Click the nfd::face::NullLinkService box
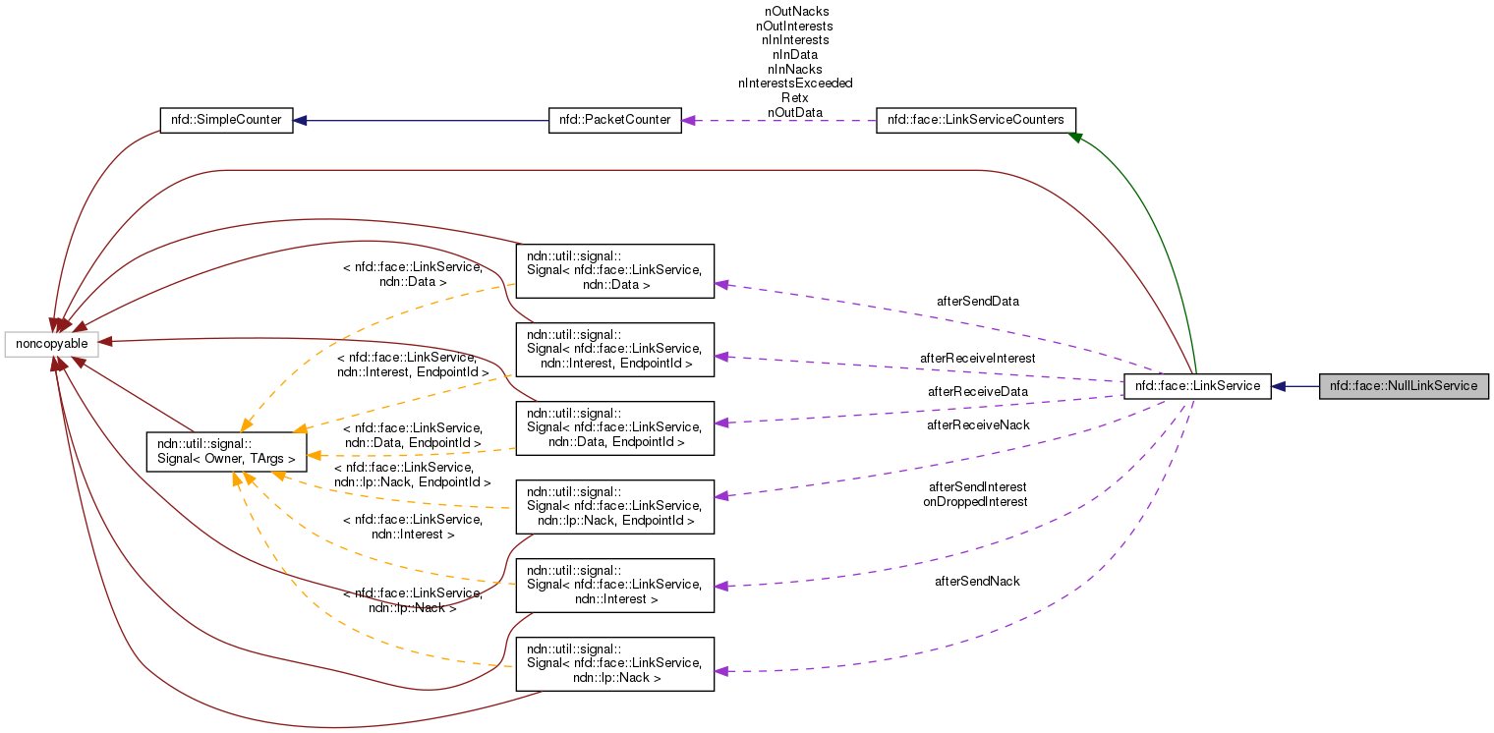(1403, 386)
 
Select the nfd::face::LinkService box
(1197, 386)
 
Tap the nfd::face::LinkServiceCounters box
(975, 120)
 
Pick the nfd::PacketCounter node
(614, 120)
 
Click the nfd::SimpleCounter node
(226, 120)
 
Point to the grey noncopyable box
(51, 344)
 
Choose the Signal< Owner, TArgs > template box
(226, 451)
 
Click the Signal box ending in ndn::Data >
(614, 271)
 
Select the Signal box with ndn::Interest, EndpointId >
(614, 350)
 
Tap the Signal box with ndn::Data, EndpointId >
(614, 428)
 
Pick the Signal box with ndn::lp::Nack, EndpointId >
(614, 507)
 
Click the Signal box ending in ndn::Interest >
(614, 586)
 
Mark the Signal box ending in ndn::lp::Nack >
(614, 664)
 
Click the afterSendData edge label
(977, 301)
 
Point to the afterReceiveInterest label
(977, 358)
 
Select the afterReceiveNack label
(977, 424)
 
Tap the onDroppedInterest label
(975, 501)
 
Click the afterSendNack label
(977, 581)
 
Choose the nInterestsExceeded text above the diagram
(795, 84)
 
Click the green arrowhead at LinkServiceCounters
(1075, 138)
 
